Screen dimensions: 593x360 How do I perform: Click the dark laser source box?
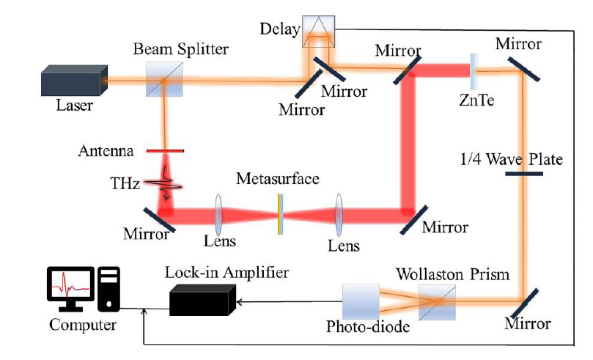[74, 81]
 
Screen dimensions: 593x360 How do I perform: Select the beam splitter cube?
[164, 80]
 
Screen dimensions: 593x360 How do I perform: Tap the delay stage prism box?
[318, 32]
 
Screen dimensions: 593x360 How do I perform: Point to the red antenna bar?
[165, 151]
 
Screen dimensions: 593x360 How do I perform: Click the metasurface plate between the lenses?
[280, 214]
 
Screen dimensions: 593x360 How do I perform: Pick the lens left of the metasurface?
[218, 214]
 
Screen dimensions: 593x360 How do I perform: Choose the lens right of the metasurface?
[339, 214]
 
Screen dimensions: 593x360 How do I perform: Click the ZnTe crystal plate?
[474, 71]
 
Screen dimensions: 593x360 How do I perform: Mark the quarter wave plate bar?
[524, 174]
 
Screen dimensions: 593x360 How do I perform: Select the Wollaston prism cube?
[437, 303]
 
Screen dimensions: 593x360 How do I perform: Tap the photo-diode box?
[361, 302]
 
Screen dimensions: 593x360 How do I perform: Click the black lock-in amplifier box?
[202, 301]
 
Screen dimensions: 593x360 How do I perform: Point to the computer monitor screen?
[70, 284]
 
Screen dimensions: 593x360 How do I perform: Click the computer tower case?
[109, 290]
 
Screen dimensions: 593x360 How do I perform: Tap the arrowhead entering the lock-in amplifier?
[239, 302]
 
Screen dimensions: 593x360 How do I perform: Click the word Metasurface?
[278, 178]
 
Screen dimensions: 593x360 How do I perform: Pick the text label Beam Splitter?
[181, 49]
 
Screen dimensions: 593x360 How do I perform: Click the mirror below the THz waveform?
[159, 219]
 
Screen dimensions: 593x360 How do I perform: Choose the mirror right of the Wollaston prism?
[524, 304]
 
